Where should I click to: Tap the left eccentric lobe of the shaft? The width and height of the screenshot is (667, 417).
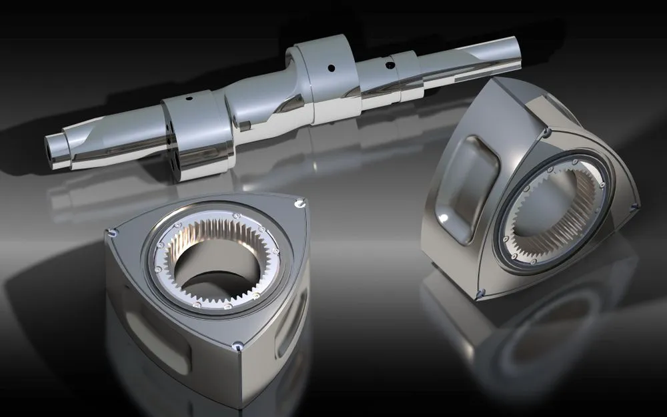193,130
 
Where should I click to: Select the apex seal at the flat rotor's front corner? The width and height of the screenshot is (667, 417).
237,346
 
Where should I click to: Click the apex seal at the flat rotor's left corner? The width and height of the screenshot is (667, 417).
110,231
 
